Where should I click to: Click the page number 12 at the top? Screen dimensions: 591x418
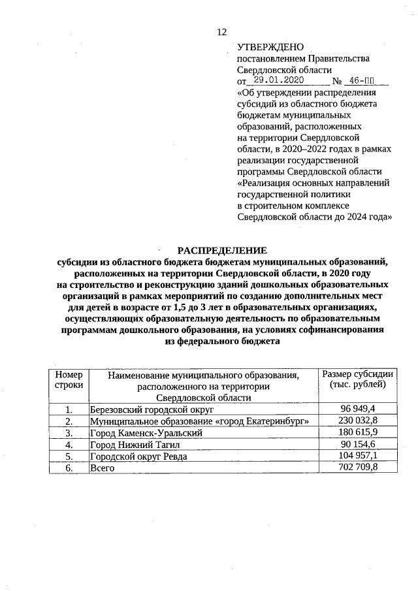tap(221, 33)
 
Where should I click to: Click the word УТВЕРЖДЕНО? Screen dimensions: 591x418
tap(270, 47)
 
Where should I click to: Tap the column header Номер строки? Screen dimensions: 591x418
tap(69, 380)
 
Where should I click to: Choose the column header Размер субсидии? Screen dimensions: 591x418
tap(358, 379)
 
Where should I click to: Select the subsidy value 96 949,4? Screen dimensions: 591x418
tap(359, 409)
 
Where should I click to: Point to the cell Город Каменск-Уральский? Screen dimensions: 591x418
tap(146, 433)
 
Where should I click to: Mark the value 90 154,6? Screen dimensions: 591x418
tap(359, 444)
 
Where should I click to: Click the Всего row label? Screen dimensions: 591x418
tap(102, 468)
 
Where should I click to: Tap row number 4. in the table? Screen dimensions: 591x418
tap(69, 445)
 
